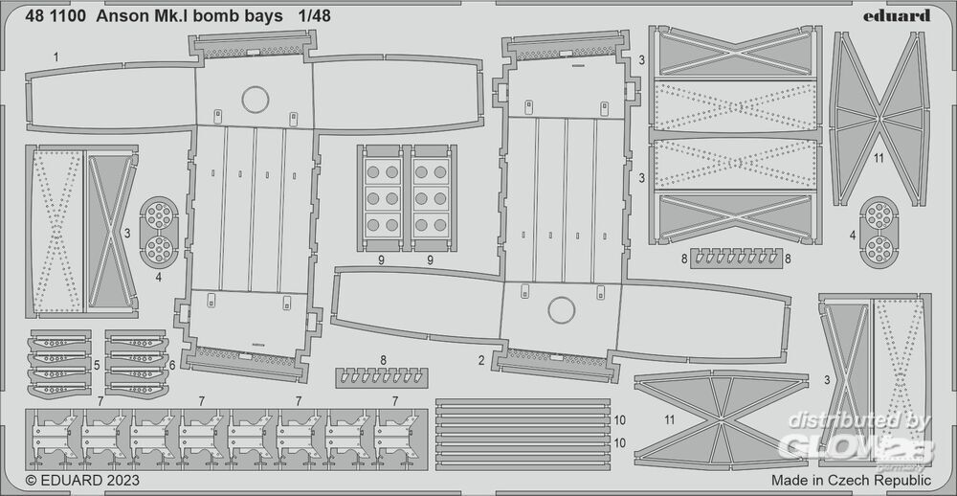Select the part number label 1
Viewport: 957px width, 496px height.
(56, 57)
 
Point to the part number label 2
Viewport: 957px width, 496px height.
(480, 361)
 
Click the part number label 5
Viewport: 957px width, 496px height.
(97, 365)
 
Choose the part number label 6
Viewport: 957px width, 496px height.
(172, 365)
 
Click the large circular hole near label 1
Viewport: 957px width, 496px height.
(254, 100)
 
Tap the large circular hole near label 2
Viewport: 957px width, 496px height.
(560, 309)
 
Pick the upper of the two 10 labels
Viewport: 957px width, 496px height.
(619, 419)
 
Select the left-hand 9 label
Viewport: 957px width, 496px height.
(381, 259)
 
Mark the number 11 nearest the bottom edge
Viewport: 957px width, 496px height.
(669, 420)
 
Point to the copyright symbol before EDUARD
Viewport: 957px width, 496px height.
(31, 480)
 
